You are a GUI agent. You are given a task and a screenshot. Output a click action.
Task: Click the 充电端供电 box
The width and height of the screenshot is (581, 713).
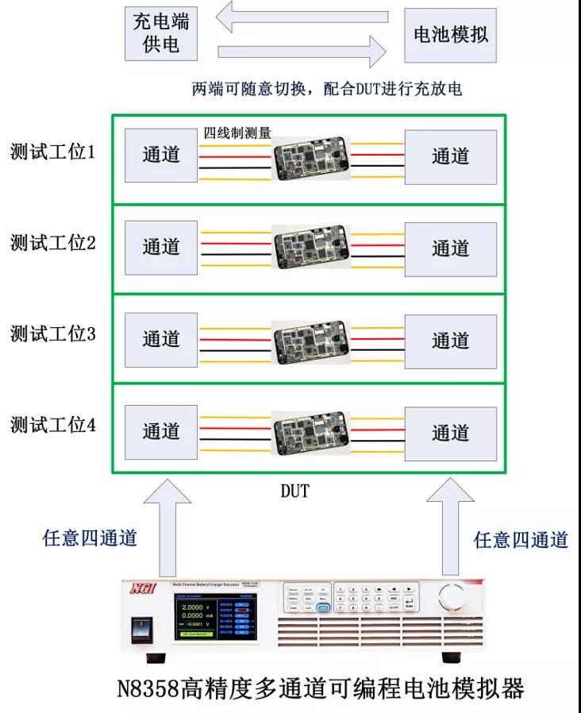click(161, 33)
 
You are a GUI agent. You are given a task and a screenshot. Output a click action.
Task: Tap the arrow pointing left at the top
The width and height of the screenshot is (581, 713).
click(304, 17)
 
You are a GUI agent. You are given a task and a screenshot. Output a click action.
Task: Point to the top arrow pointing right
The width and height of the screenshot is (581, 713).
click(302, 52)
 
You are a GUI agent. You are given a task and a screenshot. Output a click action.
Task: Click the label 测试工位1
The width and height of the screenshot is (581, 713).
click(53, 152)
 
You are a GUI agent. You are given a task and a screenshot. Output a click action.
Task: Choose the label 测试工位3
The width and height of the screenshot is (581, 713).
click(53, 334)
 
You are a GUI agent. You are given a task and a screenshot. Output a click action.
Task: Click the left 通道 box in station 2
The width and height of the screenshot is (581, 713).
click(161, 248)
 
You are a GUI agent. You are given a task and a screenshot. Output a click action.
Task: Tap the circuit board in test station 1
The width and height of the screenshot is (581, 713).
click(310, 157)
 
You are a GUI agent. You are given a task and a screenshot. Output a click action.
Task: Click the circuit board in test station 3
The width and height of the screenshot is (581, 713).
click(310, 340)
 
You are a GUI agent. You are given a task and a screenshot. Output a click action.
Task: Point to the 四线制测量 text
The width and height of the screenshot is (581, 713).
click(238, 133)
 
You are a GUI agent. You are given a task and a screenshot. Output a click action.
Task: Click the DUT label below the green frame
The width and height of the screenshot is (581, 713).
click(294, 492)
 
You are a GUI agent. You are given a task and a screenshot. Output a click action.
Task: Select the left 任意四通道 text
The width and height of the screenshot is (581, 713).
click(90, 538)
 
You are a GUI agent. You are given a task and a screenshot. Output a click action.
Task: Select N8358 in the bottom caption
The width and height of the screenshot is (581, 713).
click(148, 688)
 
